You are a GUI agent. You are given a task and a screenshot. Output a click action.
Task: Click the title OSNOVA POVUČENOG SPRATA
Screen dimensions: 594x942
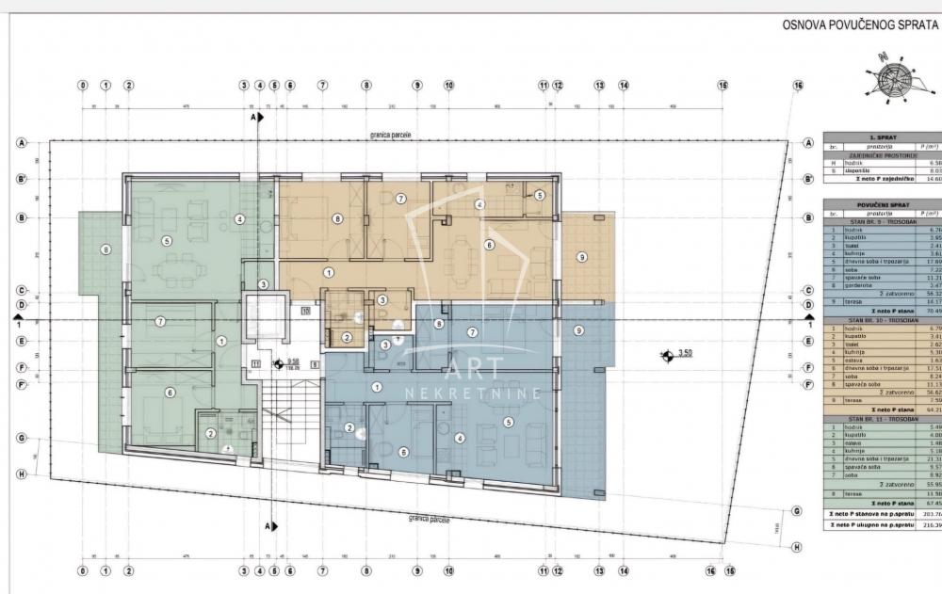tap(859, 25)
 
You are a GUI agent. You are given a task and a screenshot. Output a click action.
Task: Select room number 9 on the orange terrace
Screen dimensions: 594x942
tap(582, 256)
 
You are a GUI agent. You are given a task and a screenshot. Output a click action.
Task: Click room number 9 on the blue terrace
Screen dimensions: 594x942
tap(578, 329)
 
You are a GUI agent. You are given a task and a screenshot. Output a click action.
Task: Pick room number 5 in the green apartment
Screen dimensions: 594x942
tap(168, 240)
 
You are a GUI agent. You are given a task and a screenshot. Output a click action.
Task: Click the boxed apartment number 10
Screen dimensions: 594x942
tap(305, 310)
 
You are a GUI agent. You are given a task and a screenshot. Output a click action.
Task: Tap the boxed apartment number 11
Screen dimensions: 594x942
tap(255, 362)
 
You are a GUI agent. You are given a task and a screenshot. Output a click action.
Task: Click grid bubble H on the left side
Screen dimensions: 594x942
tap(21, 474)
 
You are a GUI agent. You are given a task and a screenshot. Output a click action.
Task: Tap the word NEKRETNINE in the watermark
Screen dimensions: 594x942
tap(472, 393)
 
